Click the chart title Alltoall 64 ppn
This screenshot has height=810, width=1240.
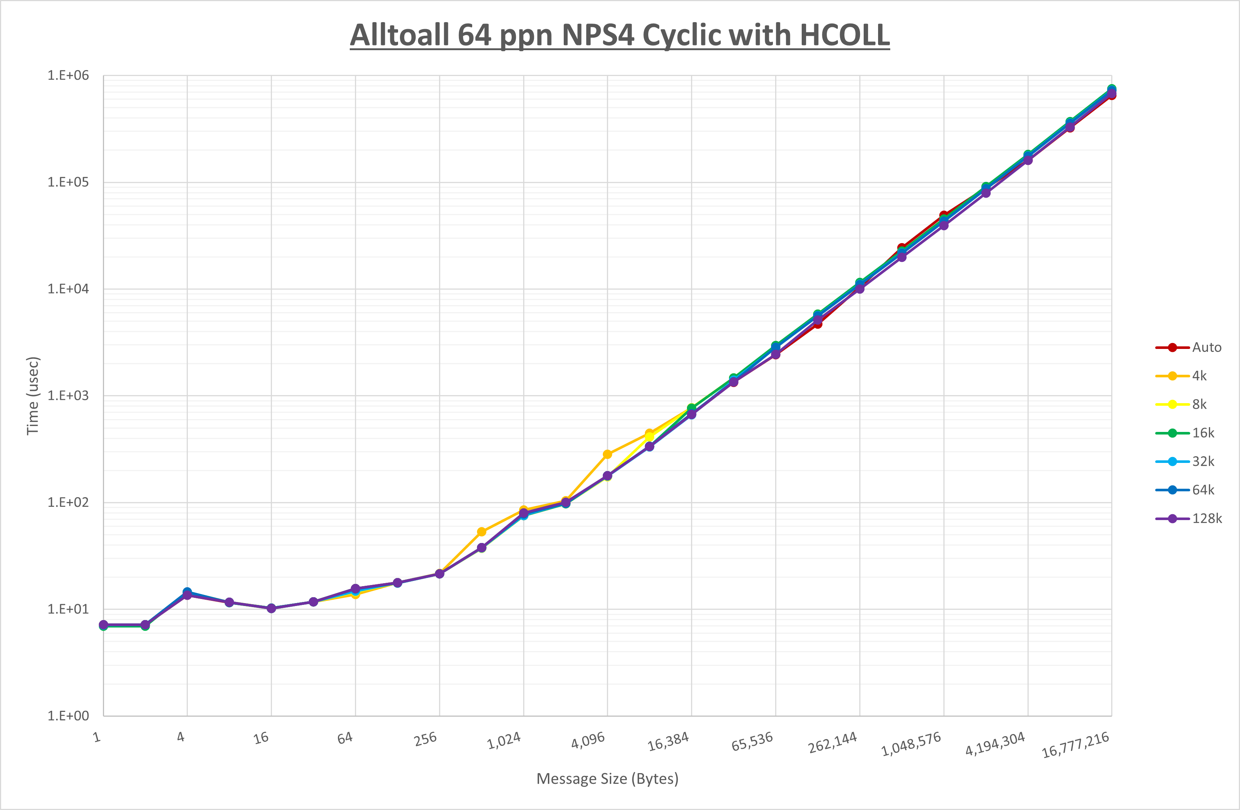[619, 35]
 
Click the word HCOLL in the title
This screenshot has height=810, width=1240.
[844, 35]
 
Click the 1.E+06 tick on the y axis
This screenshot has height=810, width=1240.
[68, 76]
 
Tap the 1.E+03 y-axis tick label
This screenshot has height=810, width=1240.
[68, 396]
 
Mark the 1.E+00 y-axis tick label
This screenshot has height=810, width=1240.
[68, 716]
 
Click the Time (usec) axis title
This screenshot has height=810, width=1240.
[32, 396]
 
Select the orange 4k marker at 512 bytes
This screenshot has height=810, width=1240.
[481, 532]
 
